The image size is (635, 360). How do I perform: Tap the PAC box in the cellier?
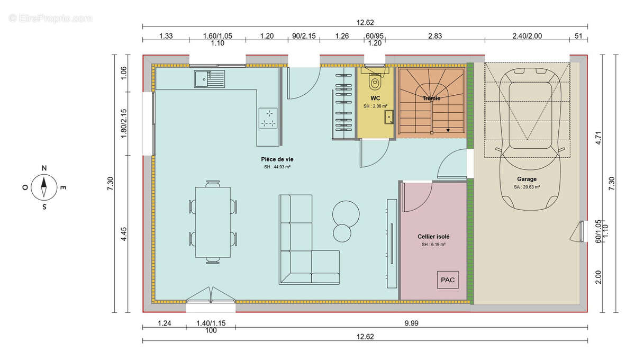click(448, 280)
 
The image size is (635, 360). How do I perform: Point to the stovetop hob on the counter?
click(268, 118)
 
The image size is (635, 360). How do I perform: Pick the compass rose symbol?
click(44, 187)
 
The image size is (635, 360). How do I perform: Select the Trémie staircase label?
click(432, 98)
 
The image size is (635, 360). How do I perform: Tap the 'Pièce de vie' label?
click(277, 159)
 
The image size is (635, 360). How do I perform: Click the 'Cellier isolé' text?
click(433, 236)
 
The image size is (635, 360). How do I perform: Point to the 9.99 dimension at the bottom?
click(411, 322)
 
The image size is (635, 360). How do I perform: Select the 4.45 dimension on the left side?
click(124, 234)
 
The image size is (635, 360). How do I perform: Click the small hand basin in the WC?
click(389, 116)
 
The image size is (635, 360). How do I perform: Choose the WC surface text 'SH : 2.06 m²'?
click(375, 106)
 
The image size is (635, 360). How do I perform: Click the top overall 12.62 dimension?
click(365, 23)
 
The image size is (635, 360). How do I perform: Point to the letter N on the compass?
click(44, 168)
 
